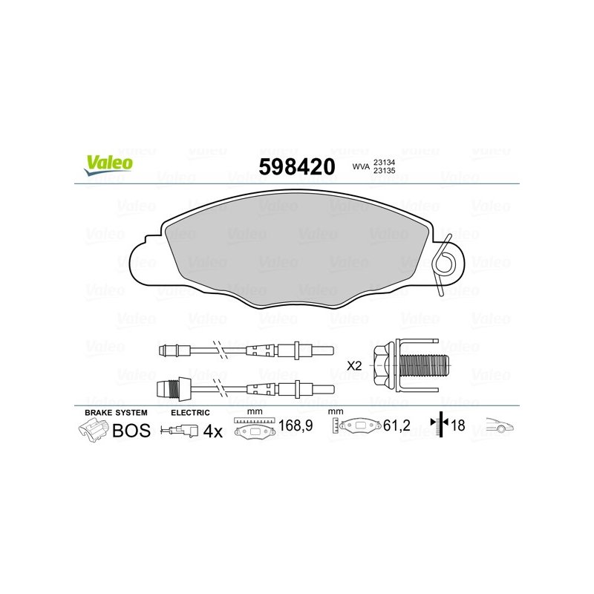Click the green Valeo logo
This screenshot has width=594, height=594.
[x=109, y=165]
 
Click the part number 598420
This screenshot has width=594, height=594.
[x=296, y=166]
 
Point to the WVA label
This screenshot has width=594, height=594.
[x=361, y=166]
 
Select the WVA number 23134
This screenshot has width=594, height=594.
[x=384, y=163]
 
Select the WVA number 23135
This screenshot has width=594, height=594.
[x=384, y=171]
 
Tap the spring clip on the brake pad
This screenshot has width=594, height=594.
[x=444, y=264]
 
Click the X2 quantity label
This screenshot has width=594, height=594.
[x=354, y=366]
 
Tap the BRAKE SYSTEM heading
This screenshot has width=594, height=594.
[x=116, y=413]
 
